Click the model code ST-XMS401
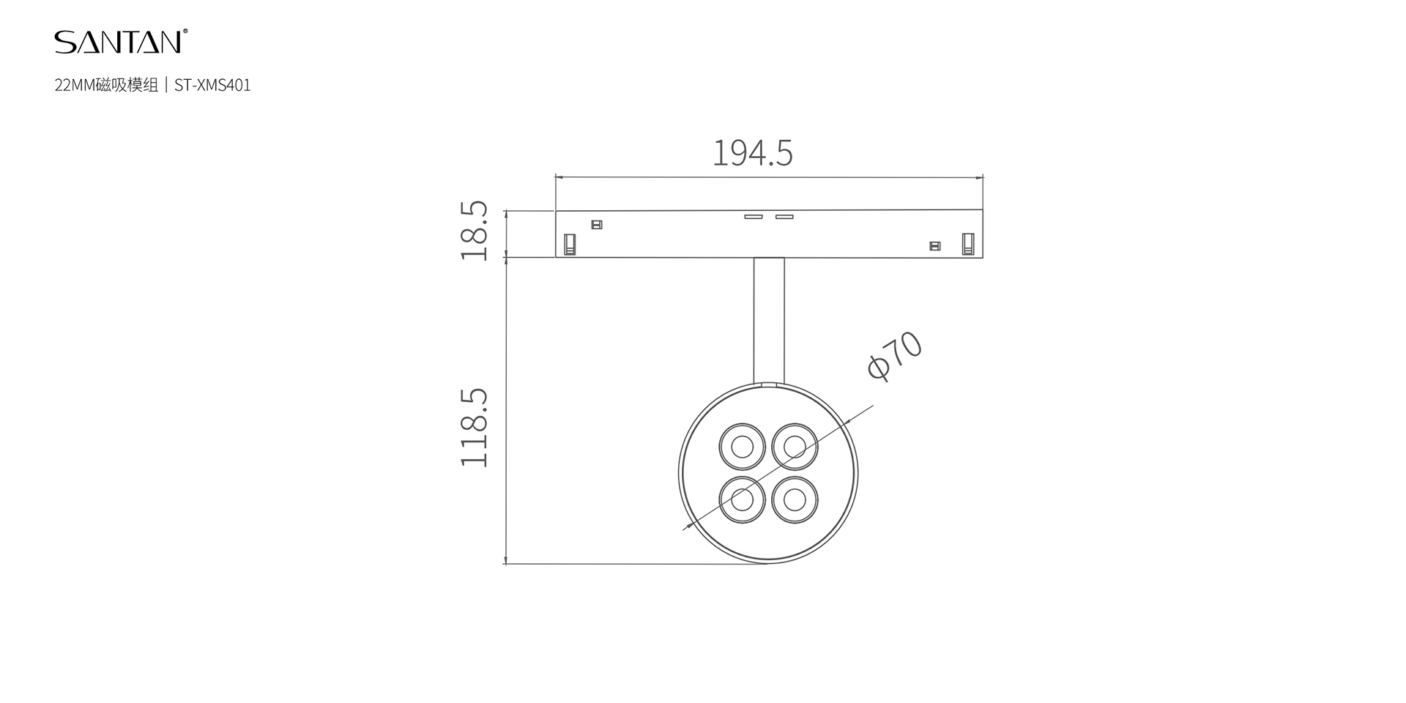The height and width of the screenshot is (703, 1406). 212,86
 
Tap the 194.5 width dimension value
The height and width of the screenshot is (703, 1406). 753,153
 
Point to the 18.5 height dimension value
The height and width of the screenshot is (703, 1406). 475,231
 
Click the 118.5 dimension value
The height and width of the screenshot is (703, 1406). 475,428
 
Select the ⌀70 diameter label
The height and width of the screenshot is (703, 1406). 894,356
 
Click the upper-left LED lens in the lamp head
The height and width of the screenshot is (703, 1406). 743,446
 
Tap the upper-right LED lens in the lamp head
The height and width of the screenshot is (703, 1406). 795,446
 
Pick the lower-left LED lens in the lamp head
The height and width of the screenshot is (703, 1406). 743,500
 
